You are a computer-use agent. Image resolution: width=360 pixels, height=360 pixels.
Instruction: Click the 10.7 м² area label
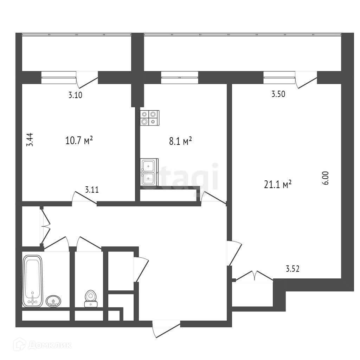pyautogui.click(x=79, y=141)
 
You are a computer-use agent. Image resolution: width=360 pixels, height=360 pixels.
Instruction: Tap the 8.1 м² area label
pyautogui.click(x=180, y=141)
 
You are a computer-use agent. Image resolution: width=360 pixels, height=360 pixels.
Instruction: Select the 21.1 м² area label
pyautogui.click(x=278, y=184)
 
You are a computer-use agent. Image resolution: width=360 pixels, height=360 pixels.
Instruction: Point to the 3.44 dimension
pyautogui.click(x=31, y=140)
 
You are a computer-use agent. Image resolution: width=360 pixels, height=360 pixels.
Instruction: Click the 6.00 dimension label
pyautogui.click(x=325, y=178)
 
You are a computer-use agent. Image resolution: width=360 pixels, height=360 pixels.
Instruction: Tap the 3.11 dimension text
pyautogui.click(x=92, y=190)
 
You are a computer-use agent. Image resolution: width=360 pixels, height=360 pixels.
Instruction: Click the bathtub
pyautogui.click(x=33, y=281)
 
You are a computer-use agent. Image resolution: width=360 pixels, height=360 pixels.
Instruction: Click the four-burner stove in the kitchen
pyautogui.click(x=150, y=118)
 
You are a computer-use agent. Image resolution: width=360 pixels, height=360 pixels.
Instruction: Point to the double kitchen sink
pyautogui.click(x=149, y=171)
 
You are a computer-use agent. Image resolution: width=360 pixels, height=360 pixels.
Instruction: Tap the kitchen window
pyautogui.click(x=179, y=77)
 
